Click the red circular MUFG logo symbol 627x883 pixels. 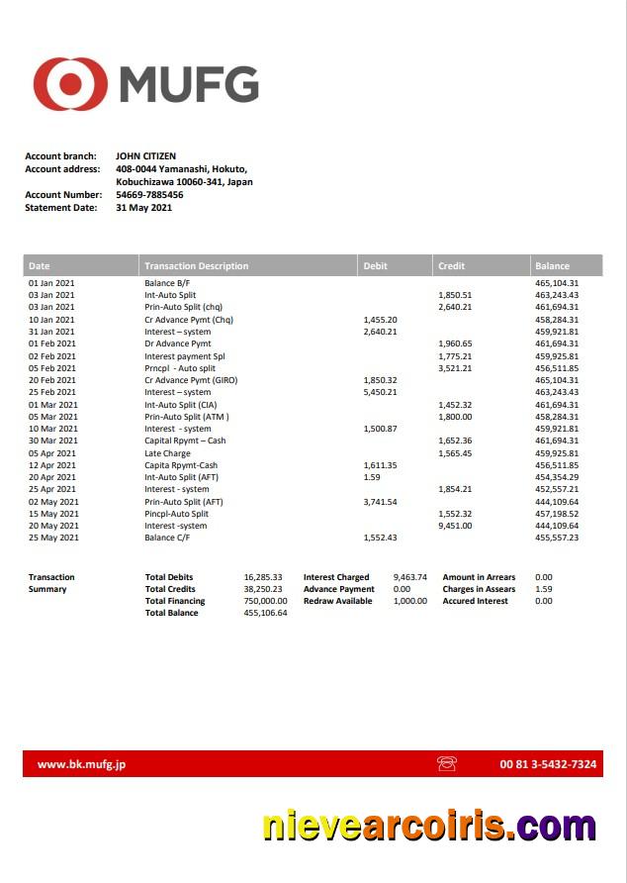click(x=70, y=84)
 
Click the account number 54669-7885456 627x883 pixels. click(x=149, y=195)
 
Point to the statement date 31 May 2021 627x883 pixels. click(x=143, y=208)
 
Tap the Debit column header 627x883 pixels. click(x=376, y=265)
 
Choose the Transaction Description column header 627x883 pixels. click(x=196, y=265)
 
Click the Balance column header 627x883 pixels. click(x=552, y=265)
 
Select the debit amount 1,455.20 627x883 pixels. click(x=380, y=320)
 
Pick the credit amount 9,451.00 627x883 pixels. click(x=455, y=526)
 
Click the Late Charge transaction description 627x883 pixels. click(x=167, y=453)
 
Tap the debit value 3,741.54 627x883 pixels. click(x=380, y=502)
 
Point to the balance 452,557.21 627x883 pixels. click(x=557, y=489)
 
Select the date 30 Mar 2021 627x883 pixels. click(x=52, y=441)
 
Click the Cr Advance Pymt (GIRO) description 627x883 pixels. click(x=191, y=380)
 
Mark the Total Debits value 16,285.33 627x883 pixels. click(x=263, y=577)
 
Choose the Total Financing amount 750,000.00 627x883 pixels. click(x=265, y=601)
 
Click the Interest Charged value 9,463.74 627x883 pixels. click(x=409, y=577)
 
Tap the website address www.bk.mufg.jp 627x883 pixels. click(x=81, y=764)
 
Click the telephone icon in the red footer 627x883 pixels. click(x=446, y=764)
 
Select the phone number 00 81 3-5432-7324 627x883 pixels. click(x=548, y=764)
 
